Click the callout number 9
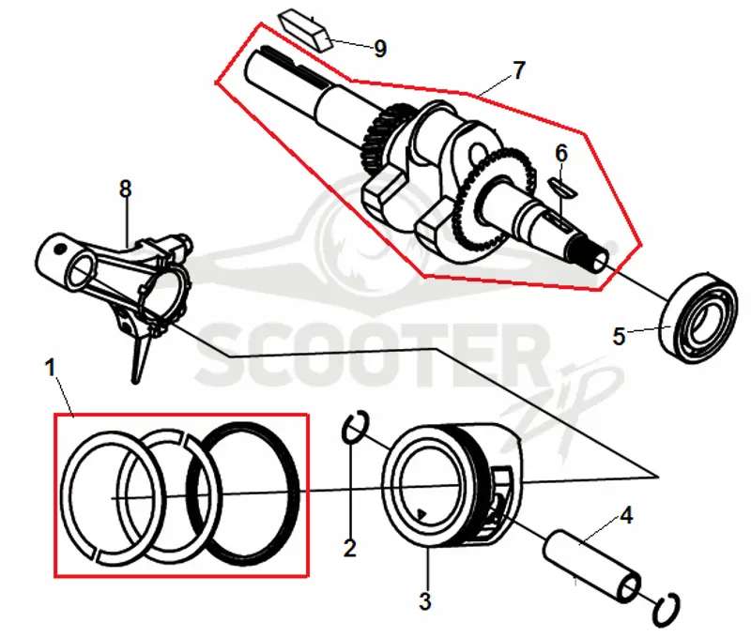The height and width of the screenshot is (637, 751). coord(380,49)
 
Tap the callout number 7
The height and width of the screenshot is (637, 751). coord(519,70)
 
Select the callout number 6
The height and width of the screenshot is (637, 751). coord(561,154)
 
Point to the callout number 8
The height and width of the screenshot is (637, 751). coord(125,190)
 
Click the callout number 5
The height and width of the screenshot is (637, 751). coord(619,336)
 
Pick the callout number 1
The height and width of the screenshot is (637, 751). coord(51,368)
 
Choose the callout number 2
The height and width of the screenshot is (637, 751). coord(350,548)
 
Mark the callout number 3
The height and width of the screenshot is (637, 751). coord(425,601)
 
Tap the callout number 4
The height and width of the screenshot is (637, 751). coord(626,515)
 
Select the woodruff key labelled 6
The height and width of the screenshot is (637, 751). coord(562,187)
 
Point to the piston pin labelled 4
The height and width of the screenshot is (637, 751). coord(591,565)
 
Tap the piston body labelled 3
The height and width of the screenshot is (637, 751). coord(452,485)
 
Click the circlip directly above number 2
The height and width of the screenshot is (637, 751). coord(356,426)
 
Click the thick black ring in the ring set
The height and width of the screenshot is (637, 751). coord(293,493)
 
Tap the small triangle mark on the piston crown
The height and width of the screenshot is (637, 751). coord(421,514)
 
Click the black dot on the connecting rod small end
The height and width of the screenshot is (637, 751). coord(59,249)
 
